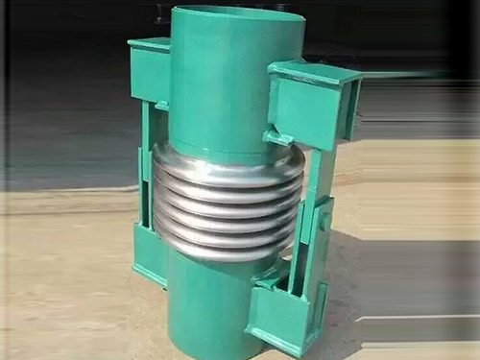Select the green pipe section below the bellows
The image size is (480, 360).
point(206,307)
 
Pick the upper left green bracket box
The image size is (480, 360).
point(151,72)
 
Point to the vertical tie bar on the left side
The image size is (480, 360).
point(145,163)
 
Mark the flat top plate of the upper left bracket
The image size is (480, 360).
point(150,43)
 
